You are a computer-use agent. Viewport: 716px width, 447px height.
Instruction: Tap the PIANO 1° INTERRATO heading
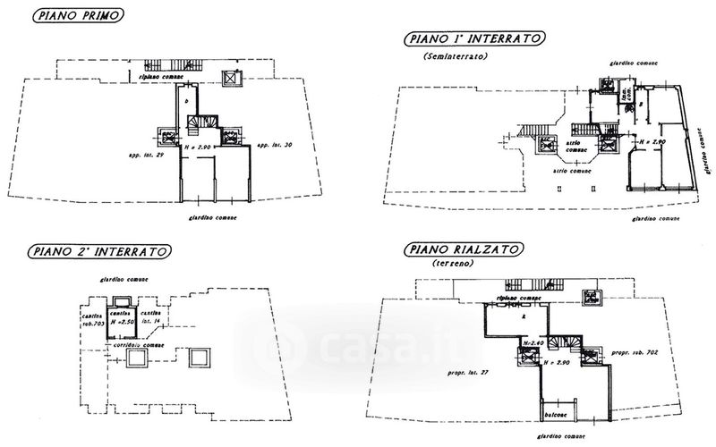474,38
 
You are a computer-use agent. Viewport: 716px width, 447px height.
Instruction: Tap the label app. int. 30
275,145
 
